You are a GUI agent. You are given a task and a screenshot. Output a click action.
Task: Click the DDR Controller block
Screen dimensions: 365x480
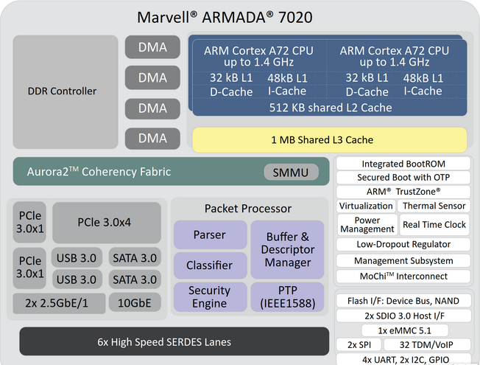point(65,91)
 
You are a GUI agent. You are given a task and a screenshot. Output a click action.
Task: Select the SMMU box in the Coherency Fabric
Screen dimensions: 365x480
point(291,172)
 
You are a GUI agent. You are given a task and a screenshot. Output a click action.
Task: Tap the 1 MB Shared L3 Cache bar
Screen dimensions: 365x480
point(329,139)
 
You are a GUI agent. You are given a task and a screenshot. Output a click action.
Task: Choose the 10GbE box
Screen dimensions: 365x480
point(135,302)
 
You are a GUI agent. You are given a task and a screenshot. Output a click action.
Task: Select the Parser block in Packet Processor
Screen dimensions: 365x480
point(210,235)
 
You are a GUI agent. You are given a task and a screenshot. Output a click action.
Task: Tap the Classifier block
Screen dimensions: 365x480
point(210,265)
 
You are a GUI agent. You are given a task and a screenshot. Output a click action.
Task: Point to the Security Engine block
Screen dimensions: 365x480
point(210,297)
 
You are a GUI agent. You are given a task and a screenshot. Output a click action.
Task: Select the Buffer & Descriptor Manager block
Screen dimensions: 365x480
point(287,249)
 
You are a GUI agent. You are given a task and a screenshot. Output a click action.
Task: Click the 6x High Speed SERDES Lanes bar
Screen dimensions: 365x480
point(164,342)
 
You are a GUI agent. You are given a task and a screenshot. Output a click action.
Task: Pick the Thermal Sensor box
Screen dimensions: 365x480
point(434,206)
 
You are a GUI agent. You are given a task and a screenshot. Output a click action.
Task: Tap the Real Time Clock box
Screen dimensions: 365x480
point(434,225)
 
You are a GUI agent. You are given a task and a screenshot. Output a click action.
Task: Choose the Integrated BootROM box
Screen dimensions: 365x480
point(403,164)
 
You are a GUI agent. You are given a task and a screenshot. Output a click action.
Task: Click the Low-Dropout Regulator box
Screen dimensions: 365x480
point(403,244)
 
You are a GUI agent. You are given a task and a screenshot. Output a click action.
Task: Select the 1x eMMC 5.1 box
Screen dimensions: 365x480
point(403,330)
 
